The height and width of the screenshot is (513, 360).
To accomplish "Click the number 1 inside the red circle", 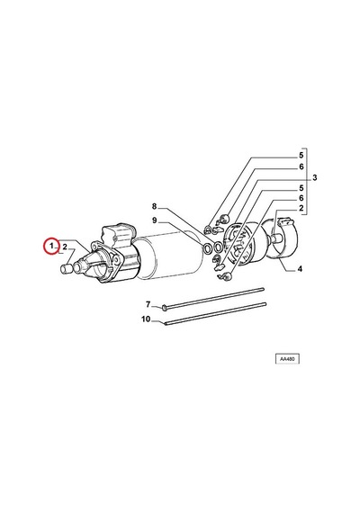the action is (51, 246).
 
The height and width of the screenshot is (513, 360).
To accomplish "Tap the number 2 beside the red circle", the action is (65, 247).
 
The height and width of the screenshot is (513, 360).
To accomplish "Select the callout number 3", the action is (314, 177).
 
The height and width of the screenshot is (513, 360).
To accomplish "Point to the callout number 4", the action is (300, 269).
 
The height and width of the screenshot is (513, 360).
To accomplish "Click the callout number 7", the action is (148, 304).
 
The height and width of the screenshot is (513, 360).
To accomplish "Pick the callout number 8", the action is (154, 206).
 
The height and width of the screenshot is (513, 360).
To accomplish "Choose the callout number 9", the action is (155, 220).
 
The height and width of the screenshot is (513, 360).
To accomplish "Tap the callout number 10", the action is (146, 319).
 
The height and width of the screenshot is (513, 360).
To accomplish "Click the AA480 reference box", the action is (287, 359).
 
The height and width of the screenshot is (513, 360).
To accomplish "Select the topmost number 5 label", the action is (301, 156).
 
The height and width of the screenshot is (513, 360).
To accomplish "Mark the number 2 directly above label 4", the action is (301, 208).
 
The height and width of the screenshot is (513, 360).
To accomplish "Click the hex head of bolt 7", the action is (165, 307).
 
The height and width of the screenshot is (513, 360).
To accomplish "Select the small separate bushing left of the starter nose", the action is (67, 269).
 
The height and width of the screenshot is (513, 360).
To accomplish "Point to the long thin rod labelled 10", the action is (215, 314).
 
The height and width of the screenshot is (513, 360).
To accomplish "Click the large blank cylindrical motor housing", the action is (168, 256).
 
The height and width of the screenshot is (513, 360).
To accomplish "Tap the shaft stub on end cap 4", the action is (276, 238).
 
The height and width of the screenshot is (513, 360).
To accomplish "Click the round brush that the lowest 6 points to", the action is (228, 277).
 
